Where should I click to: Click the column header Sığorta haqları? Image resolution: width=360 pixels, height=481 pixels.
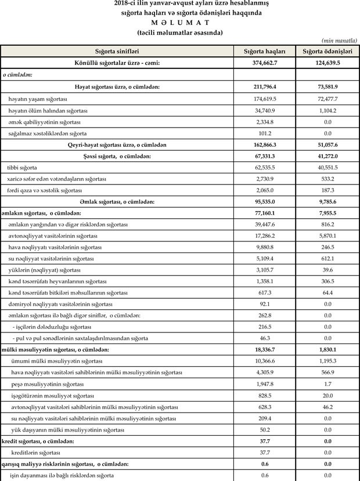point(264,51)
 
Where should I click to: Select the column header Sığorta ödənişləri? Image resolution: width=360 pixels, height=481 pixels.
point(327,51)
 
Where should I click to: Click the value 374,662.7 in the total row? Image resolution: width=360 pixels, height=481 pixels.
point(264,63)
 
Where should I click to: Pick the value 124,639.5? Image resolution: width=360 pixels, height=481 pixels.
point(327,63)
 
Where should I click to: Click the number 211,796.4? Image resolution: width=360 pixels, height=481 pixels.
point(264,86)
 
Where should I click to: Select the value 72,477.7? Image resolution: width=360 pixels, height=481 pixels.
point(327,99)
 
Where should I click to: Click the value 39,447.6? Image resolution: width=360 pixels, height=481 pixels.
point(264,224)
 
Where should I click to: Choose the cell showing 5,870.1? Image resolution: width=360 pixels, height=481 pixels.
point(327,236)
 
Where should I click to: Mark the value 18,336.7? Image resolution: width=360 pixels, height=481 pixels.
point(264,349)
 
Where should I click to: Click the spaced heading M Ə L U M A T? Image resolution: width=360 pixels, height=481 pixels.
point(179,22)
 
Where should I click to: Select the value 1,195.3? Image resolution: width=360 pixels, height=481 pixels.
point(327,361)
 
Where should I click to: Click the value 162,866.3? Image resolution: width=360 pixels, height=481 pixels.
point(264,144)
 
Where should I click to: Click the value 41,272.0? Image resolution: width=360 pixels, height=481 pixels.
point(327,156)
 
